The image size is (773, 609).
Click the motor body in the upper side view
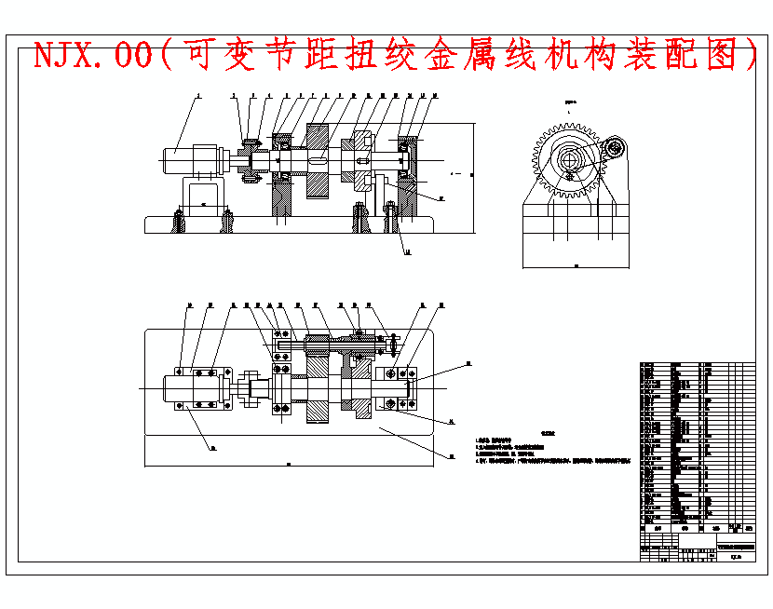click(190, 159)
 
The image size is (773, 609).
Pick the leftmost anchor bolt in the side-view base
click(177, 222)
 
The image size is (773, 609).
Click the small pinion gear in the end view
click(614, 148)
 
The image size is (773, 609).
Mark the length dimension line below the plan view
click(290, 463)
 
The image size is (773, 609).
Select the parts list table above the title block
click(697, 443)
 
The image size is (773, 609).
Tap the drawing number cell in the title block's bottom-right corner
click(735, 557)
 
